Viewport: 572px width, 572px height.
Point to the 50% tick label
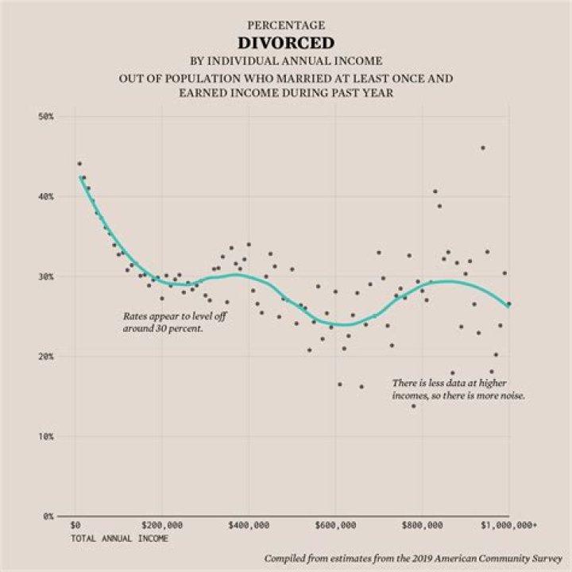(x=45, y=117)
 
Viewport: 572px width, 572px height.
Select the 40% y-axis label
(x=45, y=196)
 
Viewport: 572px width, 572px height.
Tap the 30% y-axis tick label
(x=45, y=276)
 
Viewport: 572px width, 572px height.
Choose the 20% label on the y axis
(x=45, y=357)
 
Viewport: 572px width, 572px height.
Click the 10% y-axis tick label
(x=45, y=437)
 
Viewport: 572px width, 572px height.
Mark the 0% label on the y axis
(x=48, y=516)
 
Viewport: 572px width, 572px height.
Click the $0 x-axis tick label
(x=75, y=526)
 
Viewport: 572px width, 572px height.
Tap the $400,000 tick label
(x=248, y=526)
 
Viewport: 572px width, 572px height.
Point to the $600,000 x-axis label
(x=334, y=526)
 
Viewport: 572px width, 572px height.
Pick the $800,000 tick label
(x=422, y=526)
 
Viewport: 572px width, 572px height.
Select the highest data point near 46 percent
(x=482, y=148)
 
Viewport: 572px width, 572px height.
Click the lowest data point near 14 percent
(x=413, y=406)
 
